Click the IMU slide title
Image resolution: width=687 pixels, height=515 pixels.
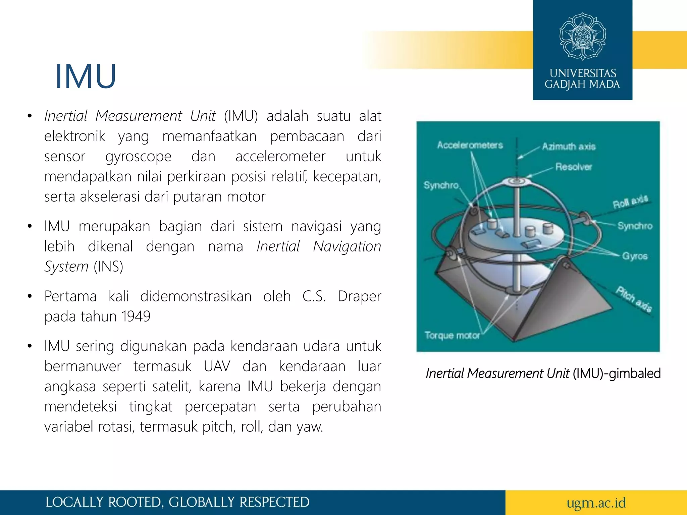point(86,76)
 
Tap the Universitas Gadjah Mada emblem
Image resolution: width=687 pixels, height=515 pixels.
point(583,36)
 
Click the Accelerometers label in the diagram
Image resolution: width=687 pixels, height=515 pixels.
point(470,145)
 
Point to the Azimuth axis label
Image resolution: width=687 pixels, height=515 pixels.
point(569,147)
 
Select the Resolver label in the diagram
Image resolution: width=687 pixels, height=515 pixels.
point(574,167)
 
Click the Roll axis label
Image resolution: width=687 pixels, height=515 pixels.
point(630,202)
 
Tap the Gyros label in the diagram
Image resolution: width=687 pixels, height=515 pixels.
point(635,256)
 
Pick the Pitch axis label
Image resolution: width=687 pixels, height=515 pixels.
point(634,299)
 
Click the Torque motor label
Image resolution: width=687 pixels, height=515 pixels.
point(452,335)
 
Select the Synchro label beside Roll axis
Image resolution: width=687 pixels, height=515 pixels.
point(635,226)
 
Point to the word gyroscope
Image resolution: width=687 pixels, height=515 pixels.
point(138,157)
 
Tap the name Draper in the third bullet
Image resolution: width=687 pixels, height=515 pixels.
point(359,296)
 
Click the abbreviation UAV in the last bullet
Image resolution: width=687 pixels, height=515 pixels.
point(217,366)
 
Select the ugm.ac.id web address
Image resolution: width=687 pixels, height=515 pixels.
point(596,503)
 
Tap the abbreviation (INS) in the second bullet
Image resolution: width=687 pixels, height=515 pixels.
point(108,267)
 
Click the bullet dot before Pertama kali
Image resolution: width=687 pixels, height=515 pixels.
point(30,296)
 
